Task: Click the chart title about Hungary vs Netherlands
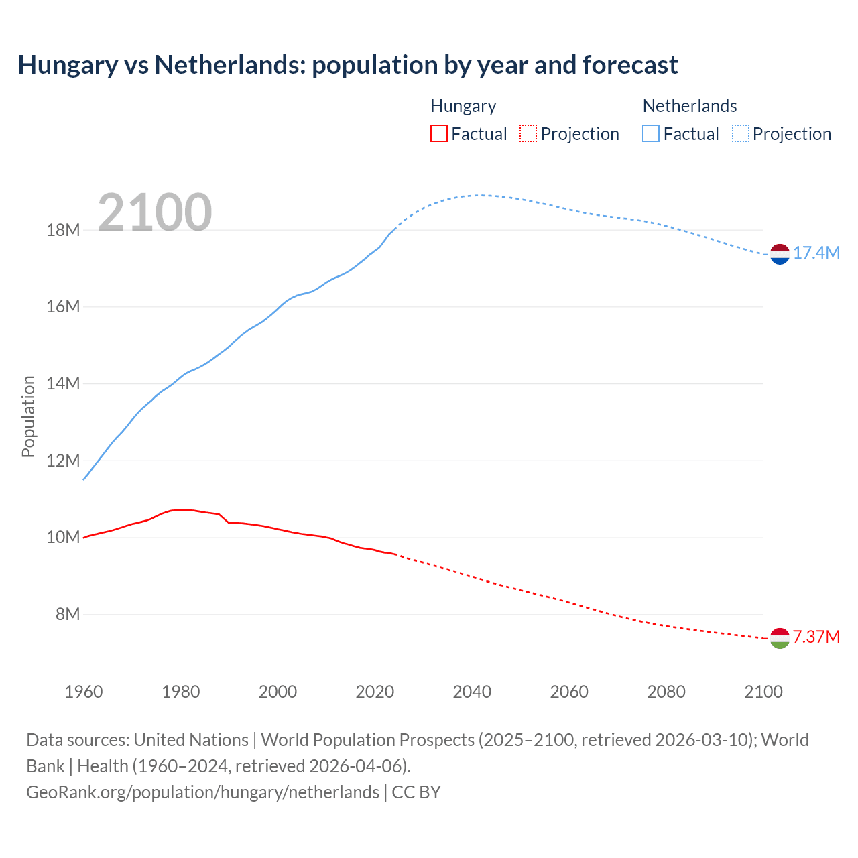click(x=348, y=65)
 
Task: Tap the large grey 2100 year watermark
click(x=155, y=212)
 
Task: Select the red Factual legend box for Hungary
click(x=438, y=133)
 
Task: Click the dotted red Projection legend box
click(x=528, y=133)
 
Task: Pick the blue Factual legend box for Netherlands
click(x=650, y=133)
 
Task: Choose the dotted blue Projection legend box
click(x=740, y=133)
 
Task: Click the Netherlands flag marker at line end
click(x=780, y=254)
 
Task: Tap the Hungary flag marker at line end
click(x=780, y=638)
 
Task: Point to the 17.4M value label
click(x=816, y=253)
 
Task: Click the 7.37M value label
click(x=816, y=637)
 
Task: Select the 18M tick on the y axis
click(x=63, y=231)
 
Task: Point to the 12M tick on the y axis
click(x=63, y=461)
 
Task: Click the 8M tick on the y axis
click(x=67, y=614)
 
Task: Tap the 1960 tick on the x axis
click(x=84, y=692)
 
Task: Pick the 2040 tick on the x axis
click(x=472, y=692)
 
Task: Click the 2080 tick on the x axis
click(x=666, y=692)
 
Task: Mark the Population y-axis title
click(x=28, y=416)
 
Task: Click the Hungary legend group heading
click(x=463, y=106)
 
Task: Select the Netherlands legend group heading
click(x=690, y=106)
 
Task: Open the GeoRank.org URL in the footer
click(x=202, y=792)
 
